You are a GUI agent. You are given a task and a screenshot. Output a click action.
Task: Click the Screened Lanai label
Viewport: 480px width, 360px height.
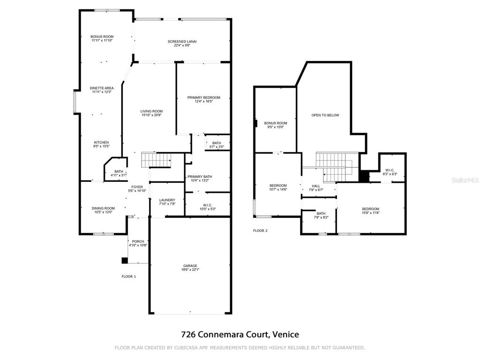(182, 41)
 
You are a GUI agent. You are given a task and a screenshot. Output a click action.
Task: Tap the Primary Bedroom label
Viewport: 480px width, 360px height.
(203, 97)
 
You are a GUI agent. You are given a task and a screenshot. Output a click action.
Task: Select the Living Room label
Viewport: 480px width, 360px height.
(151, 111)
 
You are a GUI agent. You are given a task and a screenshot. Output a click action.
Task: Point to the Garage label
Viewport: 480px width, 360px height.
(190, 266)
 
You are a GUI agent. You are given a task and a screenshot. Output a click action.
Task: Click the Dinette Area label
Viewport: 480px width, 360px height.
(102, 88)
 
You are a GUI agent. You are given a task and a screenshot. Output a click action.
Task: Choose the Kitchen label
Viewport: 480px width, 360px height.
(101, 142)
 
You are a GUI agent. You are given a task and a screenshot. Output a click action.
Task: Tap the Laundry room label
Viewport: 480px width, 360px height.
(167, 200)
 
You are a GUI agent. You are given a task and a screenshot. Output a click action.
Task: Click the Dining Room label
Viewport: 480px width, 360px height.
(103, 208)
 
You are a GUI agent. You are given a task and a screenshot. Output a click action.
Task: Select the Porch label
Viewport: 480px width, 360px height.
(138, 241)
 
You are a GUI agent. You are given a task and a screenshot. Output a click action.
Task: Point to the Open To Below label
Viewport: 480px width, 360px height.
(325, 115)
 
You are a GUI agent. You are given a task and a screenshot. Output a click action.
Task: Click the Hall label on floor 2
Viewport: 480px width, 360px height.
(316, 186)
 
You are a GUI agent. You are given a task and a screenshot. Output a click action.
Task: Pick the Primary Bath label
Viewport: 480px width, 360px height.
(200, 177)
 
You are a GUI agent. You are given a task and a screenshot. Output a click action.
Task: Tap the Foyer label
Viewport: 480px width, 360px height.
(137, 187)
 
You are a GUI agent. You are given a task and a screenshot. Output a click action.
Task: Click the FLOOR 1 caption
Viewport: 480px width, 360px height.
(128, 277)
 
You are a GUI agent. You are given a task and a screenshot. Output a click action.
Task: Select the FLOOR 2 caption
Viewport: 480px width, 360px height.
(260, 231)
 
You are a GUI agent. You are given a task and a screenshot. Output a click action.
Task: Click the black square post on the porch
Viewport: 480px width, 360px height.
(124, 261)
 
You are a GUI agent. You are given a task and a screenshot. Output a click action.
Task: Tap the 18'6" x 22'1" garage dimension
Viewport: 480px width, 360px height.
(190, 270)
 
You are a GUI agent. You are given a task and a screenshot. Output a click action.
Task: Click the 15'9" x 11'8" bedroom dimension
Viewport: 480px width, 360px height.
(370, 213)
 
